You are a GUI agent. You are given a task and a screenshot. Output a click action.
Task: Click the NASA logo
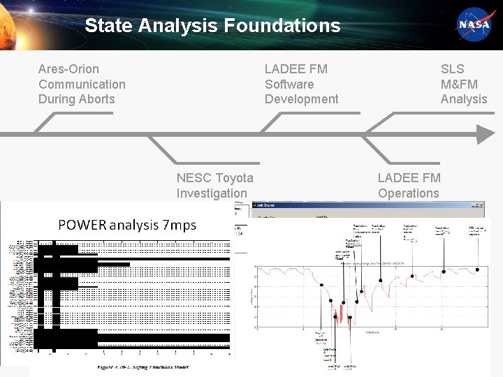point(474,25)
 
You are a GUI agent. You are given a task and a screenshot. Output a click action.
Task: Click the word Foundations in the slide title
point(282,26)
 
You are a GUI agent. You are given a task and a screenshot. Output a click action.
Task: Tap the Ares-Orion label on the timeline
point(68,69)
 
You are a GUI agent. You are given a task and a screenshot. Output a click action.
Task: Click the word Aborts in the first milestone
point(96,99)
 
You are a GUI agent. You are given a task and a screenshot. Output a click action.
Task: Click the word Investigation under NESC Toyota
point(212,193)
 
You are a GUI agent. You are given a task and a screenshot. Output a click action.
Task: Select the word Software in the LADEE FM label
point(289,84)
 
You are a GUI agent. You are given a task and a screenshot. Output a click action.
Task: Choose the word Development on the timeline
point(301,99)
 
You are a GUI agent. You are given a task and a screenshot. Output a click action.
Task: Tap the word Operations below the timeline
point(409,193)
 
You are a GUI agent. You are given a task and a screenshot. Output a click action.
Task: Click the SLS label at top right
point(452,69)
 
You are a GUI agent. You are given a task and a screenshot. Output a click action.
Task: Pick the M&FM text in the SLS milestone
point(459,84)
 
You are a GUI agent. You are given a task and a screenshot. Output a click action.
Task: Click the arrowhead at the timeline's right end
point(485,133)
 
